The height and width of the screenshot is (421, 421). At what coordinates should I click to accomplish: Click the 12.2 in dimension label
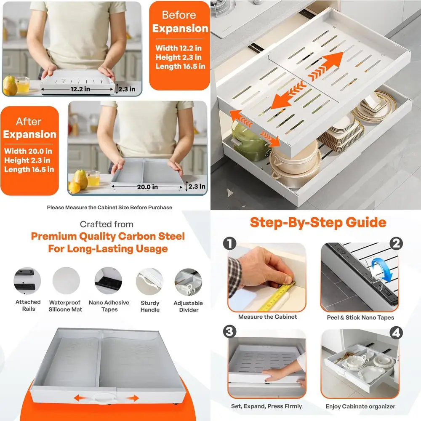pos(80,89)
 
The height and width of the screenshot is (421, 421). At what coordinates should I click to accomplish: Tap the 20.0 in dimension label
pos(147,187)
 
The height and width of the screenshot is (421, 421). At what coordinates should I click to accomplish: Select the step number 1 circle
pos(230,243)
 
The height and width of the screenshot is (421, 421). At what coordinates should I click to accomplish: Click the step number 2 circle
pos(396,243)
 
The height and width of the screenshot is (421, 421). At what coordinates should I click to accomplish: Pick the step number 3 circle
pos(230,331)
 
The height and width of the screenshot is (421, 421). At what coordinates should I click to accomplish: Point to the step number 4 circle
pos(396,333)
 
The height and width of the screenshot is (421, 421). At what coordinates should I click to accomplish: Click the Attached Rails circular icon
pos(27,281)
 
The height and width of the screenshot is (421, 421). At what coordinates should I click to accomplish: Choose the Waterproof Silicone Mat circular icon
pos(66,281)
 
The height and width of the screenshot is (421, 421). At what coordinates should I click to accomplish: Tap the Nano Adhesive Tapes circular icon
pos(109,281)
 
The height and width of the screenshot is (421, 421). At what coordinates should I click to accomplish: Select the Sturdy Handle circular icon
pos(149,281)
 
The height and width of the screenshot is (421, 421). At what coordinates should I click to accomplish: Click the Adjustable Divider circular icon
pos(188,282)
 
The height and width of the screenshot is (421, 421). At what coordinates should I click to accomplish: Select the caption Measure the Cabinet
pos(267,317)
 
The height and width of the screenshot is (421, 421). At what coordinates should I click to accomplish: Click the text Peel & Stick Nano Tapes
pos(360,317)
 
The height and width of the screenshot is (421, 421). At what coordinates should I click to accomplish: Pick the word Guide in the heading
pos(366,223)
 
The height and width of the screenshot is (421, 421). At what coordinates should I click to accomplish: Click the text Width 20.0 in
pos(28,151)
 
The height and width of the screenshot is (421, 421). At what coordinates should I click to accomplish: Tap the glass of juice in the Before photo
pos(23,85)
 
